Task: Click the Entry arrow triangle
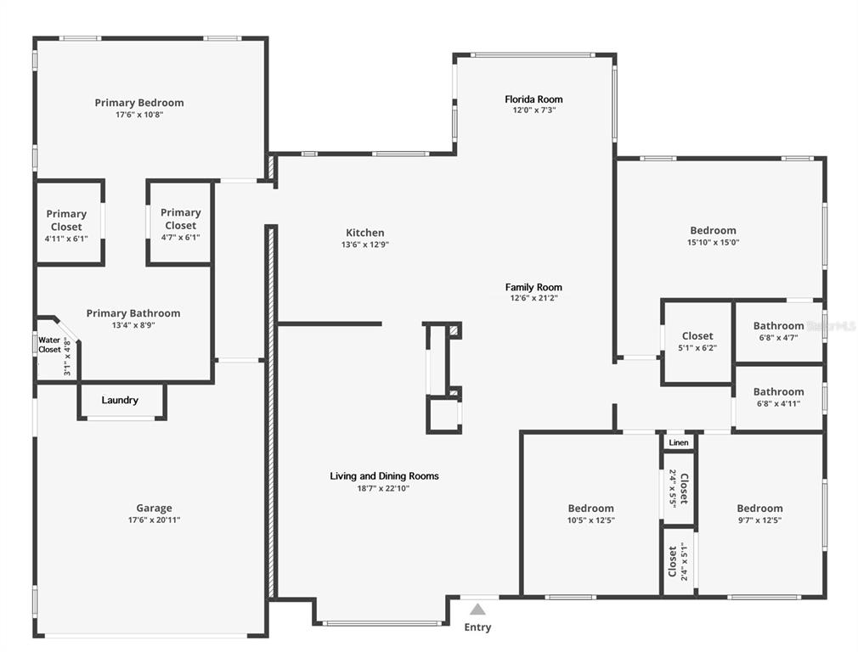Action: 478,609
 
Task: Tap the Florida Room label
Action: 533,99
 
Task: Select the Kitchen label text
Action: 364,233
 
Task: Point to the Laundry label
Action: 120,400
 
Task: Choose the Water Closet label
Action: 49,345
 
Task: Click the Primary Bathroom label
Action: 133,313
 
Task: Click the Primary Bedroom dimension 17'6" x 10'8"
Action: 139,115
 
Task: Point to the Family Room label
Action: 533,287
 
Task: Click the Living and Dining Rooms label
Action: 384,476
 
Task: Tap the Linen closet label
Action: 679,442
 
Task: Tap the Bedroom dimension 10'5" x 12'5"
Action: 590,520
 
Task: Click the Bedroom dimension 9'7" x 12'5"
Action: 759,520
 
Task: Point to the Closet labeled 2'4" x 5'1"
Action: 678,561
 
